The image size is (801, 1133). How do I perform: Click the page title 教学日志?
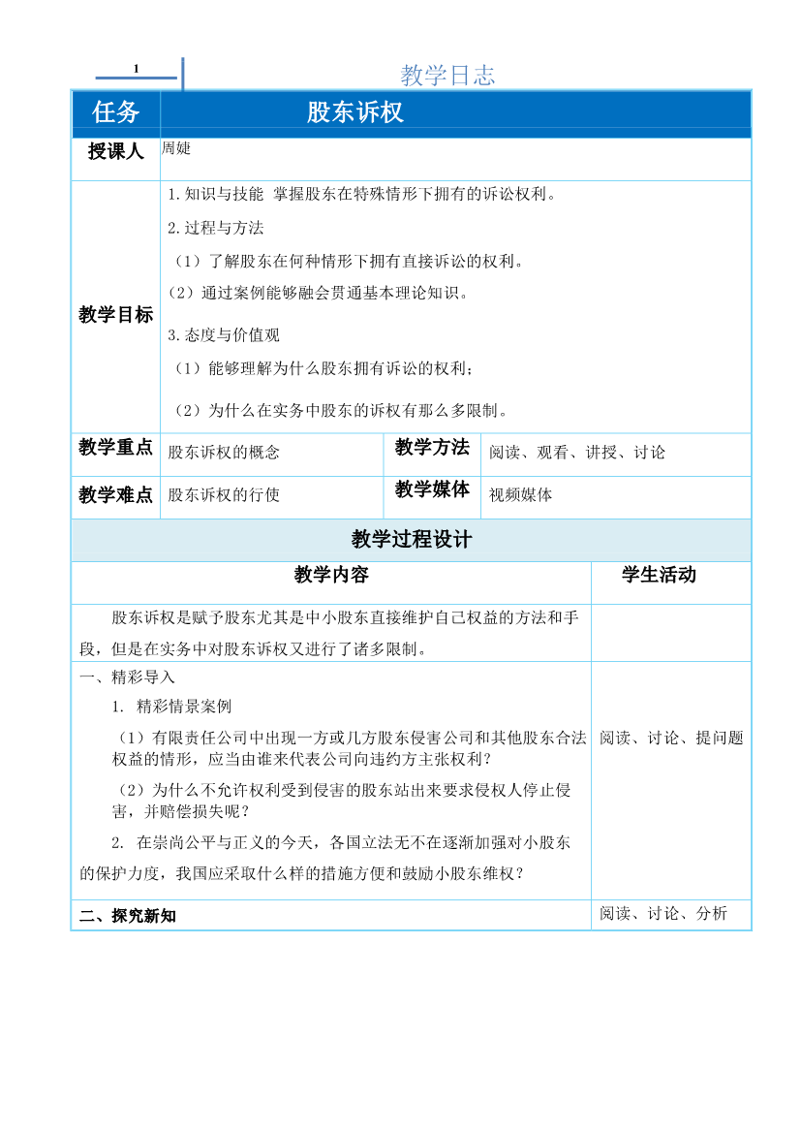click(447, 76)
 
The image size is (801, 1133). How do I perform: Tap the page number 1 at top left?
click(137, 68)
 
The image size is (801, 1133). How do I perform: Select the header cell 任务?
click(116, 112)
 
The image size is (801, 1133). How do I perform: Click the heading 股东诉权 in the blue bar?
click(354, 112)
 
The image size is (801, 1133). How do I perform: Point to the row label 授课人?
click(115, 151)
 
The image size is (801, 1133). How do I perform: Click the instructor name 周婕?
click(176, 148)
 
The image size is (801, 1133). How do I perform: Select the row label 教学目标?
click(115, 314)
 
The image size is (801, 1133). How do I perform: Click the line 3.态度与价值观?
click(224, 335)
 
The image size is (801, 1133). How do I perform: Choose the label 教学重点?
click(115, 447)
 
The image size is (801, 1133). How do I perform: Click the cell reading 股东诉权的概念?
click(224, 452)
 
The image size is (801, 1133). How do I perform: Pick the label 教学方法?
click(432, 447)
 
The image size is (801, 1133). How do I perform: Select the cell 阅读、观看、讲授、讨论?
click(577, 452)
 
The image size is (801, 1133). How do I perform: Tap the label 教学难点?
click(115, 494)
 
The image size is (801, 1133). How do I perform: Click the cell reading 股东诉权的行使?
click(224, 494)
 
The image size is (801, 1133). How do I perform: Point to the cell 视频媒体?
click(521, 494)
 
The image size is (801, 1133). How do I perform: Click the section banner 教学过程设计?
click(412, 540)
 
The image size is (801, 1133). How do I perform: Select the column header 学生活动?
click(659, 575)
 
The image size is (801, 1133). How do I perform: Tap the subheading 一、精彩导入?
click(127, 677)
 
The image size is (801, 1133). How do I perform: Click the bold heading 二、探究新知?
click(128, 915)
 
